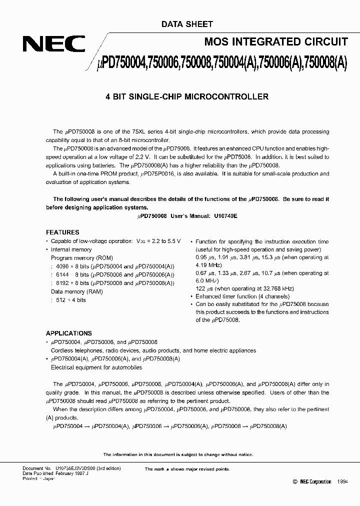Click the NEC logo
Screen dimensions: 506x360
[x=52, y=44]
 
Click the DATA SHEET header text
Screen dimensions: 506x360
[x=187, y=23]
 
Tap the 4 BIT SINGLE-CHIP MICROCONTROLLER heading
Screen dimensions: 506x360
[x=187, y=96]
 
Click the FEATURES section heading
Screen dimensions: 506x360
[x=62, y=232]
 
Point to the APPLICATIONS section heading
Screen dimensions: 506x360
[x=69, y=333]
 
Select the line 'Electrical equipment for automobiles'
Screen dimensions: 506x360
[x=96, y=367]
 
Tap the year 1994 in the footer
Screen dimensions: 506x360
[x=342, y=481]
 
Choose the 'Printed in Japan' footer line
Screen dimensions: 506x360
[x=39, y=478]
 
